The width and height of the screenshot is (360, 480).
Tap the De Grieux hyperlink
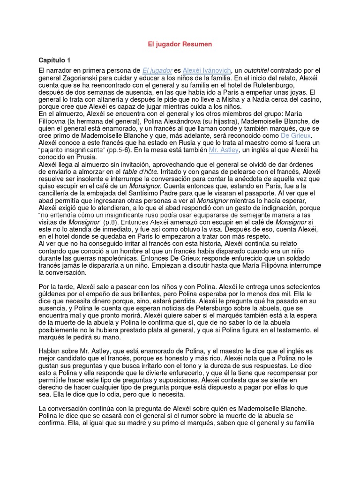(296, 135)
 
